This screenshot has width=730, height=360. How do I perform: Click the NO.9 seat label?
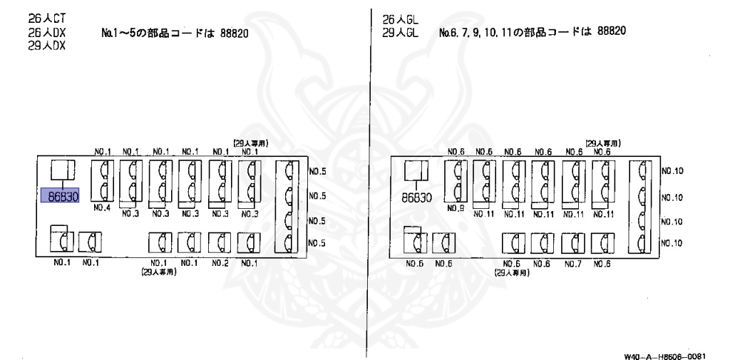point(456,209)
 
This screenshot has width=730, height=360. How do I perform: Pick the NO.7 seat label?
point(573,264)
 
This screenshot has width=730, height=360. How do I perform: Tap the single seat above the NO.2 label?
point(219,243)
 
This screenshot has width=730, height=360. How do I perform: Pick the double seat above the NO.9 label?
point(456,181)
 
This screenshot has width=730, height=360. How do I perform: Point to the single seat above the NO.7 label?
point(573,244)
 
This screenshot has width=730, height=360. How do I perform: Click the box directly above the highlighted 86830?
point(61,170)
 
